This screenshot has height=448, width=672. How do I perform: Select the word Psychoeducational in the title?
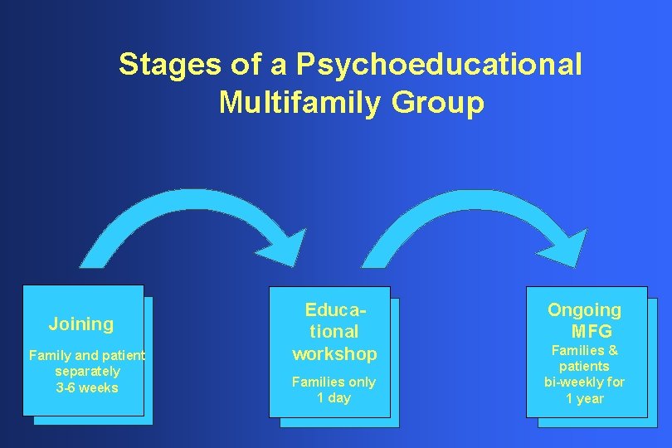pyautogui.click(x=440, y=64)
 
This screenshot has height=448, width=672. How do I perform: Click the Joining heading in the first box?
pyautogui.click(x=81, y=324)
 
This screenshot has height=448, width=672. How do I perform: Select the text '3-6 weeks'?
pyautogui.click(x=87, y=388)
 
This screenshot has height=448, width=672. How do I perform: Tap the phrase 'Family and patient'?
pyautogui.click(x=87, y=355)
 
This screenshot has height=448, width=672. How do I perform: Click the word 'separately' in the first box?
pyautogui.click(x=87, y=372)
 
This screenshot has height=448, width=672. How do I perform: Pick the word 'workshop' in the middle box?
pyautogui.click(x=334, y=354)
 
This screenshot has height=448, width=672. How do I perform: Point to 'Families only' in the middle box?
pyautogui.click(x=334, y=382)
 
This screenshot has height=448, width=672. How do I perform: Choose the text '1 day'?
pyautogui.click(x=334, y=398)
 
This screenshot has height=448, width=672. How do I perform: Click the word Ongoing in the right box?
pyautogui.click(x=584, y=310)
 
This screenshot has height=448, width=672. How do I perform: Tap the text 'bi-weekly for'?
pyautogui.click(x=584, y=382)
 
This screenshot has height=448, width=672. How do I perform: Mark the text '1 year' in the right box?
pyautogui.click(x=585, y=399)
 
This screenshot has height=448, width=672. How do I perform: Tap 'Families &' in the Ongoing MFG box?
pyautogui.click(x=585, y=350)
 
